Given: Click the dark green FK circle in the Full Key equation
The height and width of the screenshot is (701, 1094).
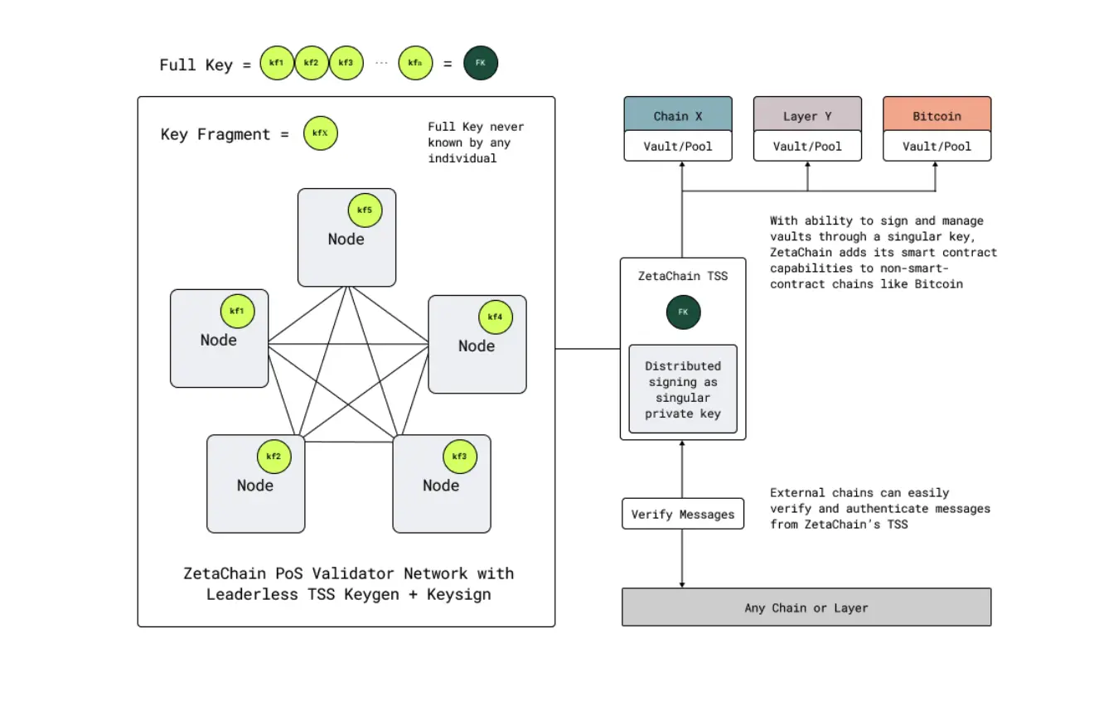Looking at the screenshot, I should click(481, 63).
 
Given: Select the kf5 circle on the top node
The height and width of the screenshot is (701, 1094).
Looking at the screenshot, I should click(365, 210).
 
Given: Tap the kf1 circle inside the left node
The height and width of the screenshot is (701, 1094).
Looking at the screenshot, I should click(237, 312).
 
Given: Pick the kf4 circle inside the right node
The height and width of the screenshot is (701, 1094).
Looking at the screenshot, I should click(495, 317).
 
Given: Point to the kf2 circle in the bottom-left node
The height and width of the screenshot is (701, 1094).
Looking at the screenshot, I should click(273, 457).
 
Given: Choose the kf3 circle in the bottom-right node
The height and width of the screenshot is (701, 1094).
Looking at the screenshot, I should click(459, 457).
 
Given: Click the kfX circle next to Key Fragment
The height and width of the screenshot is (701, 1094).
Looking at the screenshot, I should click(321, 133).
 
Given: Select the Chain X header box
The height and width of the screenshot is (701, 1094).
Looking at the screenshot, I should click(678, 116).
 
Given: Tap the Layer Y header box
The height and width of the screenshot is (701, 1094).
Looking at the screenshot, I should click(807, 116).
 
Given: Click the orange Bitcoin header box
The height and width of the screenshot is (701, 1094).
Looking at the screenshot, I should click(937, 116).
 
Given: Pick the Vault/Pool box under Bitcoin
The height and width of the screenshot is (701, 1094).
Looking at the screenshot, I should click(937, 146).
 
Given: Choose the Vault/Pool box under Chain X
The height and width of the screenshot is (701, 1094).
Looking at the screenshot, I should click(678, 146).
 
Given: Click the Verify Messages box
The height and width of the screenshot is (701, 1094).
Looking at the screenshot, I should click(683, 514).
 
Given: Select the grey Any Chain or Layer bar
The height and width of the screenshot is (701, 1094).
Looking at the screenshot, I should click(806, 607).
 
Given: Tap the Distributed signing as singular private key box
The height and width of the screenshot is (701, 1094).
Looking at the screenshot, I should click(683, 389).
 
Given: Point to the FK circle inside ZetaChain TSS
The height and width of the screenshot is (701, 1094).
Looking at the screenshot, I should click(684, 312).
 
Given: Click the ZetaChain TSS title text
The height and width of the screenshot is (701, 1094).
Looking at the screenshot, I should click(683, 275).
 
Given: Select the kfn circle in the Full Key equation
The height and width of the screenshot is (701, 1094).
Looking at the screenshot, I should click(415, 63).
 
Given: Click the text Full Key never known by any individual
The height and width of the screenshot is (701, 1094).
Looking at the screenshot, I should click(476, 142).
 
